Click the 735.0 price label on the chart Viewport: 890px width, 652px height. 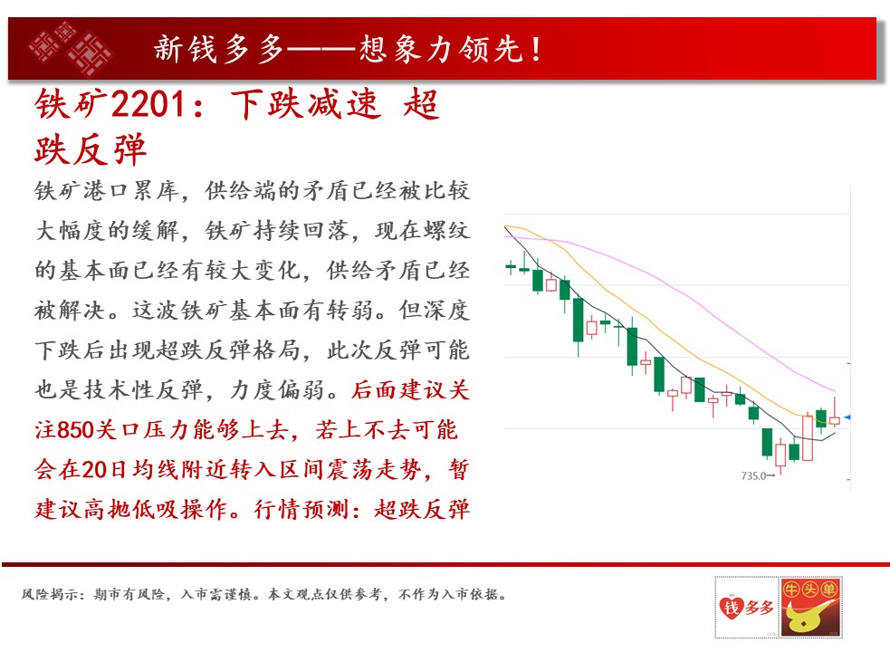[753, 476]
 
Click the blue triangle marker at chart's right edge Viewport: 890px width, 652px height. [847, 417]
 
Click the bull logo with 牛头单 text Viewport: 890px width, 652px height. [810, 607]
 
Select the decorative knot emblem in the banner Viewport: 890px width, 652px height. [71, 48]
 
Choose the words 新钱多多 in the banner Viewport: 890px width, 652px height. [218, 49]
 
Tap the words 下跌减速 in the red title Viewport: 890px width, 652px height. [305, 104]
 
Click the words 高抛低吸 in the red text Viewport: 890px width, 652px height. [131, 509]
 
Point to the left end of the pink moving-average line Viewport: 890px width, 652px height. [504, 237]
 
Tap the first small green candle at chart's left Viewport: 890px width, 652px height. [511, 266]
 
